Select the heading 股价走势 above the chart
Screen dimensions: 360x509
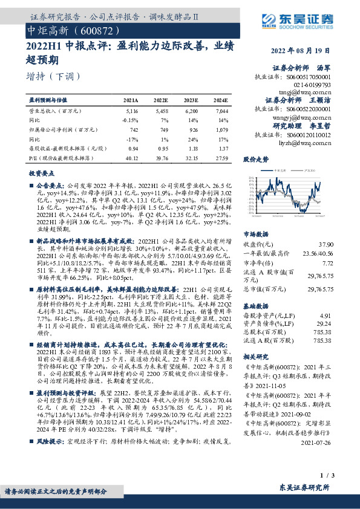255,160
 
